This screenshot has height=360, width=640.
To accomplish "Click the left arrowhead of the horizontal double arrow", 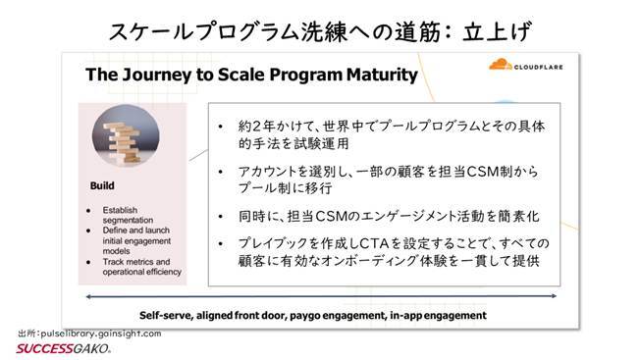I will coord(91,296).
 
